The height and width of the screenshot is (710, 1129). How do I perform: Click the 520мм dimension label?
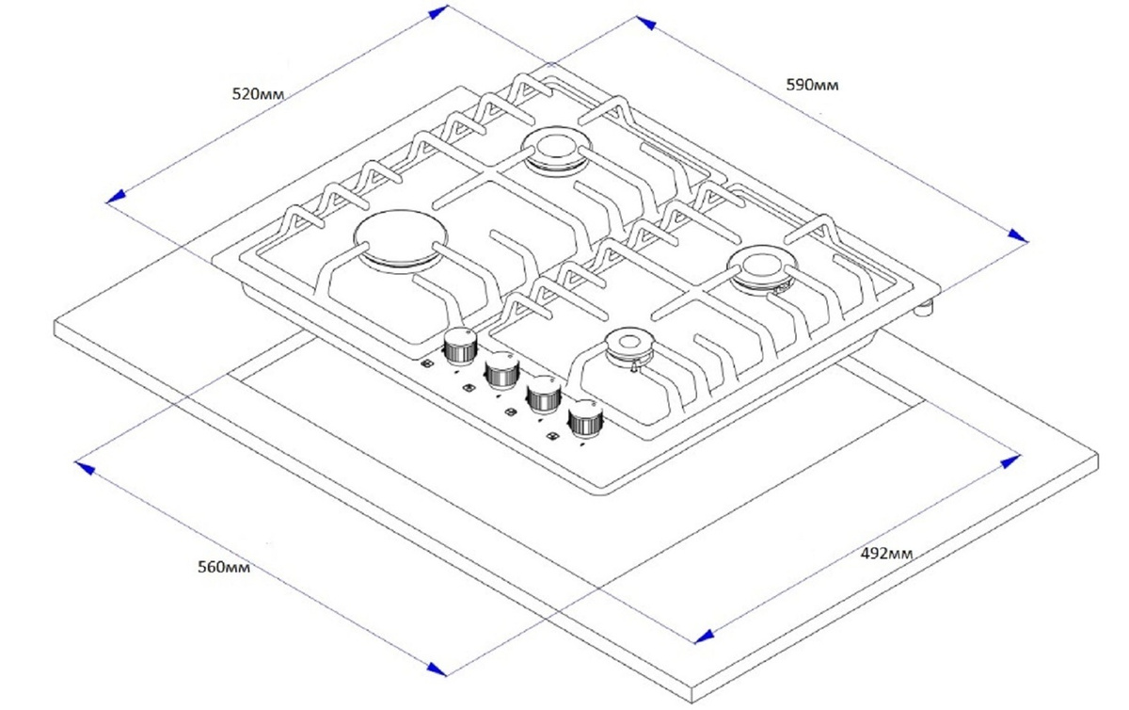(x=257, y=93)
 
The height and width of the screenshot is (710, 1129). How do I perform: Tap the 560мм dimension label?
(x=223, y=567)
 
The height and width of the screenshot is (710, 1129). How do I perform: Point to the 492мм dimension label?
(x=887, y=553)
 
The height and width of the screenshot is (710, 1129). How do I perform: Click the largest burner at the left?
(x=401, y=239)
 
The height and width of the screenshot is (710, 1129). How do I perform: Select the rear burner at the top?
(x=555, y=151)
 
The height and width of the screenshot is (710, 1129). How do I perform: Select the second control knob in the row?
(x=501, y=369)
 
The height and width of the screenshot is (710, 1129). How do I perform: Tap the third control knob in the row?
(x=543, y=396)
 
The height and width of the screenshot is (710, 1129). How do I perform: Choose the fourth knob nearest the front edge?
(x=585, y=421)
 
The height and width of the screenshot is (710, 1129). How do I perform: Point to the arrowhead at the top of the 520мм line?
(x=439, y=11)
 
